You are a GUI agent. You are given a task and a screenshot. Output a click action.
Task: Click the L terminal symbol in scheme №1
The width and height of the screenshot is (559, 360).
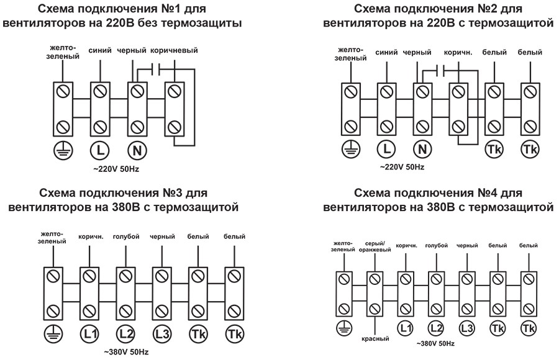point(99,149)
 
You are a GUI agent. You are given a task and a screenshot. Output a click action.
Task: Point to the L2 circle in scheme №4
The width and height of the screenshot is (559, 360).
point(435,327)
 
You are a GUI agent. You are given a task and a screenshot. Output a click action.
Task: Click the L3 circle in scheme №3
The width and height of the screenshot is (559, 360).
point(162,333)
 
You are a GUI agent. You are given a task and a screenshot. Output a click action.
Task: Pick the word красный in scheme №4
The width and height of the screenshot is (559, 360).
point(375,339)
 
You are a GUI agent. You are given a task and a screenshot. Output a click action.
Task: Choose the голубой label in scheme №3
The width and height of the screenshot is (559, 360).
point(126,236)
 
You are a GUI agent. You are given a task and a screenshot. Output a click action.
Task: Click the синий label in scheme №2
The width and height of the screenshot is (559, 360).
point(386,53)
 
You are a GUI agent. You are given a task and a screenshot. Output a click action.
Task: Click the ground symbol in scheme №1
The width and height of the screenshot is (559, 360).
point(62,149)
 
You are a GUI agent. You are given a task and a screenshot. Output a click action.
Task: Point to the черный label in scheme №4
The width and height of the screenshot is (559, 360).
point(466,246)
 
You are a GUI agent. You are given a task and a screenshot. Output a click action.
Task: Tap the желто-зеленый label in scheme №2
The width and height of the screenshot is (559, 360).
point(350,55)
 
